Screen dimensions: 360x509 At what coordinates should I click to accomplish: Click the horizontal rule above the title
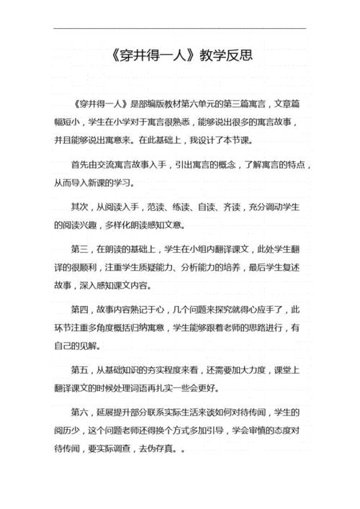click(x=179, y=28)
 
